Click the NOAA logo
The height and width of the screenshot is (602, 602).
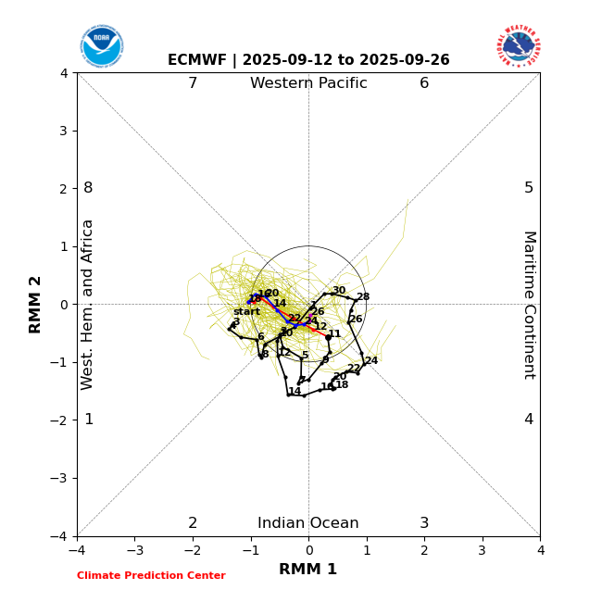(x=101, y=45)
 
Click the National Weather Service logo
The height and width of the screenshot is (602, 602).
(x=519, y=45)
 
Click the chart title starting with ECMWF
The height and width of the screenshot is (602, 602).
(x=308, y=60)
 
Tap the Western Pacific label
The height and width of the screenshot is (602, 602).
(x=308, y=83)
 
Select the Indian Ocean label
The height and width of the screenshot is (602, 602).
(x=308, y=523)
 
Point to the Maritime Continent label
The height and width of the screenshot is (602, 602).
(x=529, y=305)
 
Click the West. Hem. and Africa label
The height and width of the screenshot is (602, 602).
(x=88, y=305)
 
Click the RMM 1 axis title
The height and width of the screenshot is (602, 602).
(x=308, y=570)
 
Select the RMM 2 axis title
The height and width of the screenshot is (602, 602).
(x=36, y=305)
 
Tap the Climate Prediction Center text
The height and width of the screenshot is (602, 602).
(x=151, y=576)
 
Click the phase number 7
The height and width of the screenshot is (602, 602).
(x=193, y=83)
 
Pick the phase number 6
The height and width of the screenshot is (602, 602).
(x=424, y=83)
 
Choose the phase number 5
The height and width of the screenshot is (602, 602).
(x=529, y=188)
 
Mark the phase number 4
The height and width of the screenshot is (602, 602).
(x=529, y=420)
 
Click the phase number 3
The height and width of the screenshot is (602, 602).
(x=424, y=523)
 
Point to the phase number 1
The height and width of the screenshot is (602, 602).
(x=89, y=420)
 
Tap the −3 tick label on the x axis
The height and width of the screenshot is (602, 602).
(x=134, y=550)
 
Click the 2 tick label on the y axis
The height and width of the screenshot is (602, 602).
(x=64, y=189)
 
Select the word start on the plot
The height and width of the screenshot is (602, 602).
(x=246, y=312)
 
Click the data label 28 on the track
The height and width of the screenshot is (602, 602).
(x=363, y=297)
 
